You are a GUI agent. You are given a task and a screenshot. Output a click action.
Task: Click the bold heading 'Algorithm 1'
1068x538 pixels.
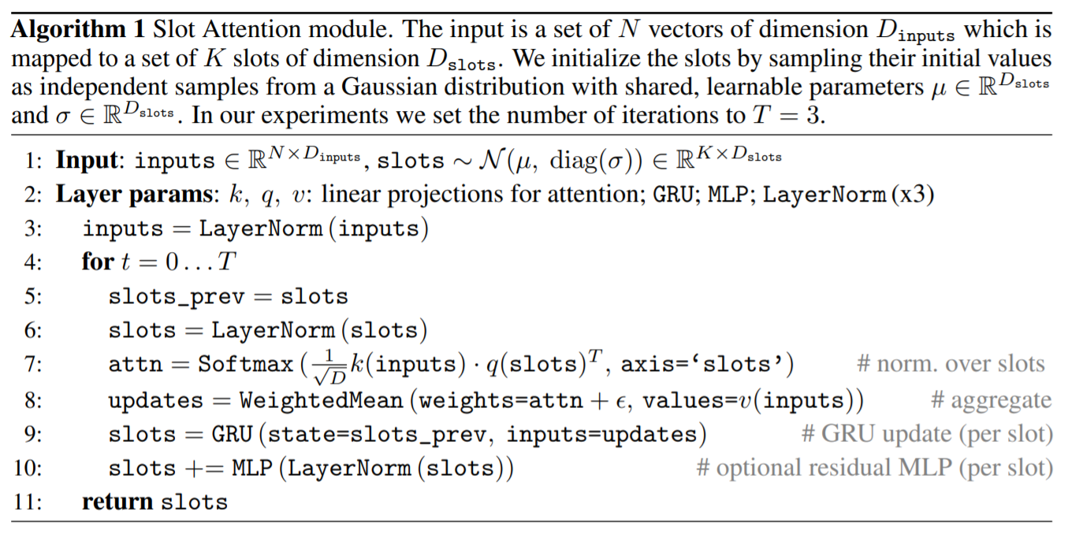tap(78, 30)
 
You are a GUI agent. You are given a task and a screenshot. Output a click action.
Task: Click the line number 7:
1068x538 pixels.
tap(33, 365)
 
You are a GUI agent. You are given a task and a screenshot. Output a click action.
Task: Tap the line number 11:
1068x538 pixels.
tap(28, 502)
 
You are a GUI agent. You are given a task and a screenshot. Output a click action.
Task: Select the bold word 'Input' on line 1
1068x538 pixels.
tap(87, 161)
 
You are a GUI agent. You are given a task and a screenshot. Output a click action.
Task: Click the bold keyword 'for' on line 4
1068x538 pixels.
tap(98, 262)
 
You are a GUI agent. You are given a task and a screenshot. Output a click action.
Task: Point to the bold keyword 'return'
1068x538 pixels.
tap(117, 502)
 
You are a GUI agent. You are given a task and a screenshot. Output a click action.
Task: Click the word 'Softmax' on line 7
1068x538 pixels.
tap(245, 365)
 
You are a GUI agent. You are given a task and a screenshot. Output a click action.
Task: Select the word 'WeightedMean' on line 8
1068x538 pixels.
tap(321, 400)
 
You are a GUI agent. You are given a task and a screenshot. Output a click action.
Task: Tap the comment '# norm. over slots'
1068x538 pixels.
tap(951, 364)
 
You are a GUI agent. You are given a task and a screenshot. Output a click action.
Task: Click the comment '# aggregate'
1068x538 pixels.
tap(992, 400)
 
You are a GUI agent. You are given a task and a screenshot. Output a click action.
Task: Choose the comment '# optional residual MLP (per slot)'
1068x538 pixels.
tap(874, 468)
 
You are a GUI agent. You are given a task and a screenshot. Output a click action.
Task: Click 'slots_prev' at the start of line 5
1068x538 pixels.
tap(176, 297)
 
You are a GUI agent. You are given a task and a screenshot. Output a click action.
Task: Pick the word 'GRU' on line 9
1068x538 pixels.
tap(232, 434)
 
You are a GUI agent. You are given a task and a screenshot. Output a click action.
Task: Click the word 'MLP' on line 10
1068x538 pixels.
tap(252, 468)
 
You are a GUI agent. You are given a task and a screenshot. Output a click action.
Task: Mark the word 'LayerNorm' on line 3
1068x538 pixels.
tap(260, 228)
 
